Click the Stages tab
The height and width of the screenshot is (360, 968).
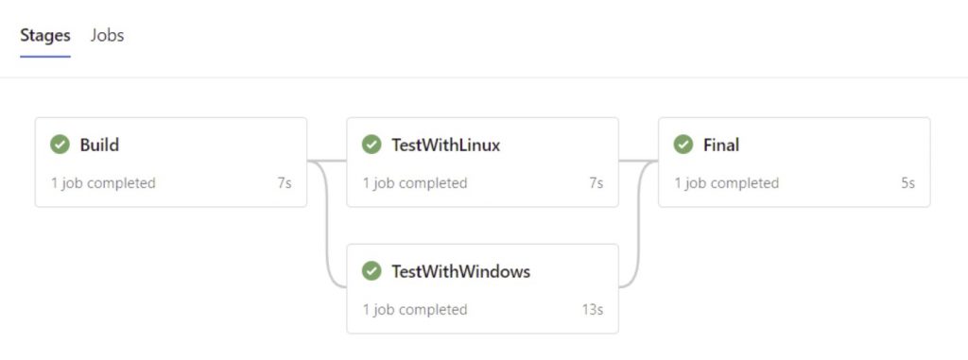[45, 36]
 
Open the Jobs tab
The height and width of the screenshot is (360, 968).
[107, 36]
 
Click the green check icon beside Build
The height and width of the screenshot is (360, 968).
[60, 145]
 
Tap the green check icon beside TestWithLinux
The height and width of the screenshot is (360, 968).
[372, 145]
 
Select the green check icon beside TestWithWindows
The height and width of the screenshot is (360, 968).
[372, 271]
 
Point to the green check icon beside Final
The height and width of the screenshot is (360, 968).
[683, 145]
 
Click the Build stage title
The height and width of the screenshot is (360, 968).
[99, 146]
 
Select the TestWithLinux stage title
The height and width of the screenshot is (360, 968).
[445, 146]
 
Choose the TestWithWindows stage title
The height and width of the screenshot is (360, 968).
[460, 272]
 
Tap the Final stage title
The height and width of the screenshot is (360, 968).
[720, 146]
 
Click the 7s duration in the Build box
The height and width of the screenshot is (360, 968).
[284, 183]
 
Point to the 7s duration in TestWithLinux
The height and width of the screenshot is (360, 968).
[596, 183]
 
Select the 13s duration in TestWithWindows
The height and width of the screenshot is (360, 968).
[592, 310]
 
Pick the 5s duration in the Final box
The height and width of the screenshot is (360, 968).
[907, 183]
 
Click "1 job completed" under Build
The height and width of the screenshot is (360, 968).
[103, 183]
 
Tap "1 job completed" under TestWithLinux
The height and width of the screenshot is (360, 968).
[415, 183]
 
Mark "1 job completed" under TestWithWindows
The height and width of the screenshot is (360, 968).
[415, 310]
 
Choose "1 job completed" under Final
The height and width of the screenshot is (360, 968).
[726, 183]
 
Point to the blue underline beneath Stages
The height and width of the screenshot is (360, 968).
[45, 57]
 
